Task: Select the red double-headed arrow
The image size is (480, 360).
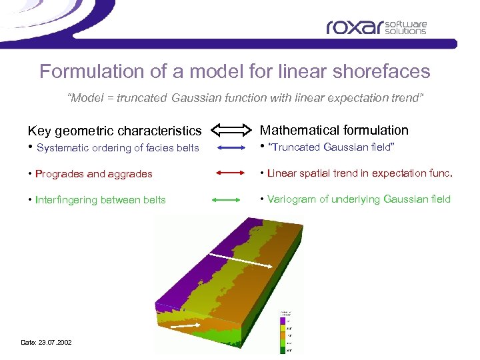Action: click(x=231, y=173)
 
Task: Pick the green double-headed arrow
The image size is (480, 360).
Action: click(x=231, y=199)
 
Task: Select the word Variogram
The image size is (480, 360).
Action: click(x=291, y=199)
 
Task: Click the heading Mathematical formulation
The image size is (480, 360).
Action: click(x=333, y=130)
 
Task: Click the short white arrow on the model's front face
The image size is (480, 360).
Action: click(x=181, y=327)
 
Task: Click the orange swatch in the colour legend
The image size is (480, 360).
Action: click(x=283, y=334)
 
